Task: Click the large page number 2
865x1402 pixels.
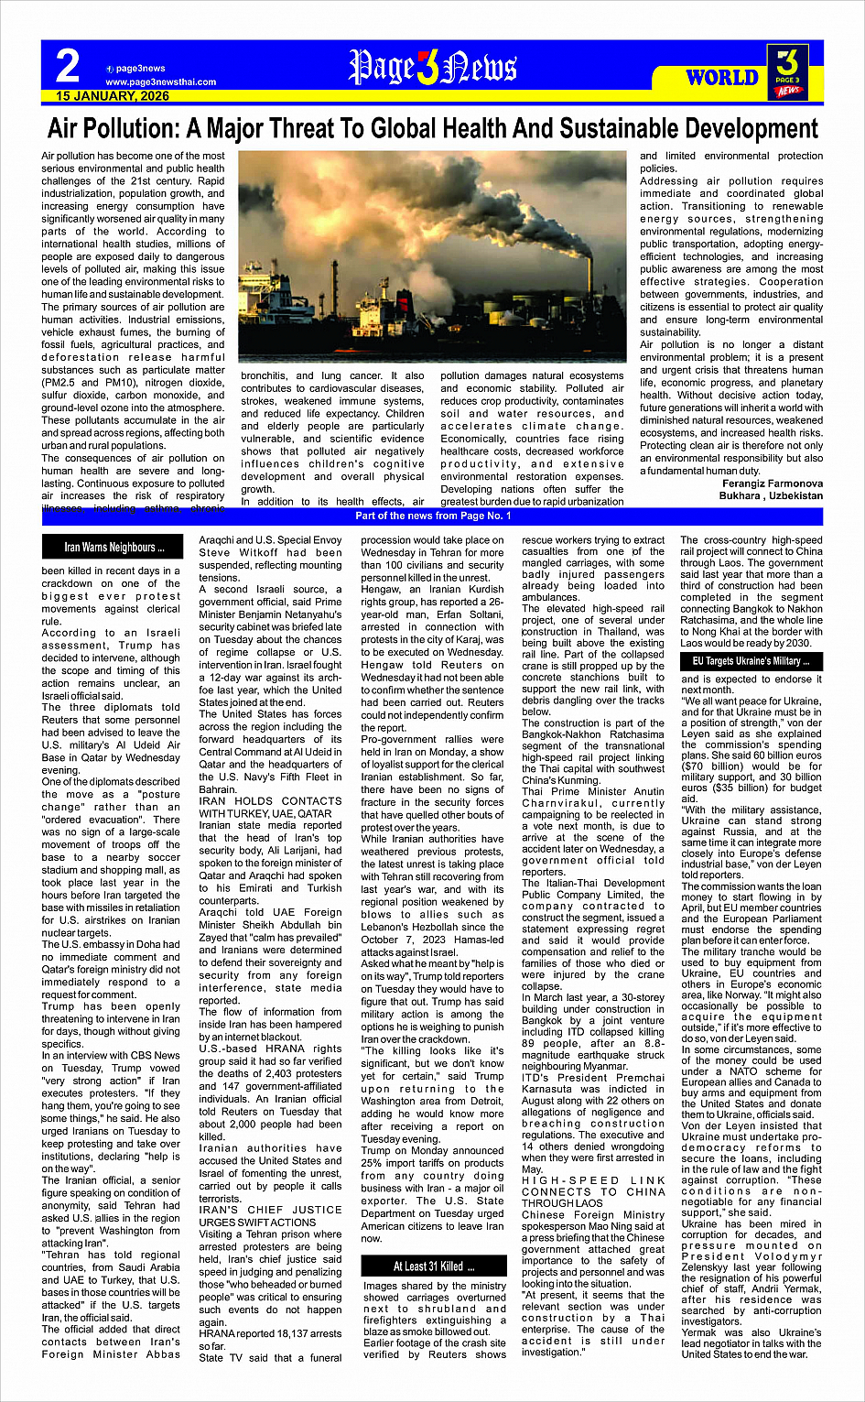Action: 68,67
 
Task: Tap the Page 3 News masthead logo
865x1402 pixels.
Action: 432,69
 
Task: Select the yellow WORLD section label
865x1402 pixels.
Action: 722,77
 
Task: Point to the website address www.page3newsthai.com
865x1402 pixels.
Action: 160,82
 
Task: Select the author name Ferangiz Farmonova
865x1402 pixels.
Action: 772,484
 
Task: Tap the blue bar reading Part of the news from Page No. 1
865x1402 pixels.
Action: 433,516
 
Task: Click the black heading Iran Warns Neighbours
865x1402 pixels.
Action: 114,548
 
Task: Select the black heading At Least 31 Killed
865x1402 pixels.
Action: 434,1266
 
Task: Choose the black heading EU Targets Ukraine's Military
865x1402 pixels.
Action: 751,661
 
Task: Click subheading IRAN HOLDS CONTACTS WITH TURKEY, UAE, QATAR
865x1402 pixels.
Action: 271,807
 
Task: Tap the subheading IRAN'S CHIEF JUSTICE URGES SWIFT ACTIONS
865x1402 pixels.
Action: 271,1216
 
